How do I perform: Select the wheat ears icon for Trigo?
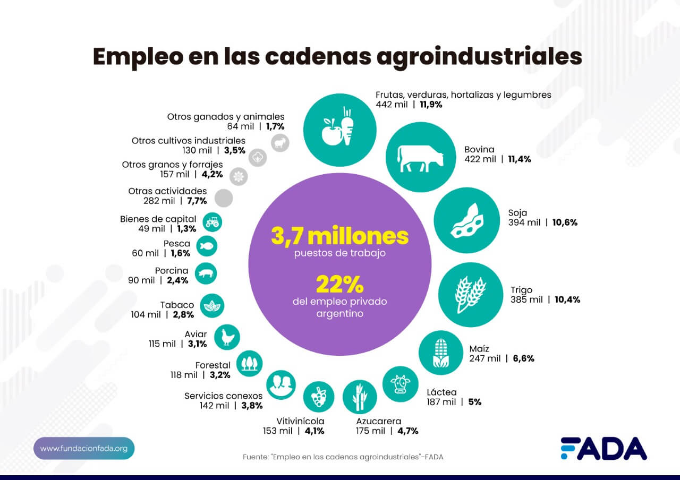pyautogui.click(x=470, y=295)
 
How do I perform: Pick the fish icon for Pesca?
pyautogui.click(x=207, y=246)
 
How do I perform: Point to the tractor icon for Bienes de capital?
pyautogui.click(x=212, y=221)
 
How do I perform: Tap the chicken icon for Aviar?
pyautogui.click(x=227, y=337)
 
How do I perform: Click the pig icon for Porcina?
pyautogui.click(x=206, y=274)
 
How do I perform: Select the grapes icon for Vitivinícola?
pyautogui.click(x=319, y=397)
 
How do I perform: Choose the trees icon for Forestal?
pyautogui.click(x=249, y=364)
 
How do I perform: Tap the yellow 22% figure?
pyautogui.click(x=340, y=285)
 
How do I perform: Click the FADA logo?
pyautogui.click(x=603, y=449)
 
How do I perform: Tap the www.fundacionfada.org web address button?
pyautogui.click(x=84, y=449)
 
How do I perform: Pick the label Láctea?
pyautogui.click(x=441, y=392)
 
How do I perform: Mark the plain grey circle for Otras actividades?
pyautogui.click(x=224, y=198)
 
